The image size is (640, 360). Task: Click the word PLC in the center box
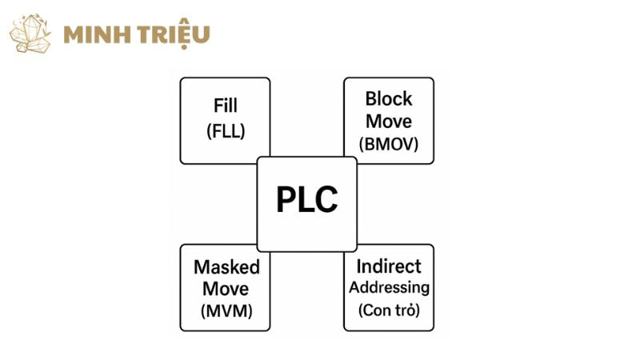point(306,200)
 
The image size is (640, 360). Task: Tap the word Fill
point(226,106)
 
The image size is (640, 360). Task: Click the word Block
point(389,99)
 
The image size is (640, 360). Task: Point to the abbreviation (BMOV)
point(389,145)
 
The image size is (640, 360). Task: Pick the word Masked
point(226,266)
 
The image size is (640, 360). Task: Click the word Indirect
point(389,266)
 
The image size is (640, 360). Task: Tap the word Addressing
point(389,287)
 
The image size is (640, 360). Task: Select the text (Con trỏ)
point(389,310)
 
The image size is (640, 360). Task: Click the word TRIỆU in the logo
point(177,35)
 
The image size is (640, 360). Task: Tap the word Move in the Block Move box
point(389,122)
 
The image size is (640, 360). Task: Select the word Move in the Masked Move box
point(226,289)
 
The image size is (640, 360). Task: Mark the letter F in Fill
point(218,106)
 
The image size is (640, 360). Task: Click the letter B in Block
point(371,99)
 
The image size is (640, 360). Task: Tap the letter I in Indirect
point(360,266)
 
